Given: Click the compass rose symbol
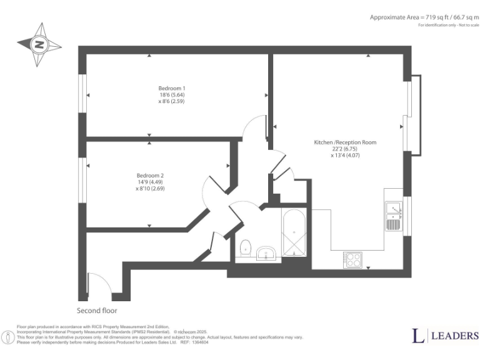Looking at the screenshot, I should pos(39,44).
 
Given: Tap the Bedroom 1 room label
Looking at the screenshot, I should pos(172,88).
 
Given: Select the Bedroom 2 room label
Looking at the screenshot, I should pos(150,175).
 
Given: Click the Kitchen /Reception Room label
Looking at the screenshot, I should pos(345,142).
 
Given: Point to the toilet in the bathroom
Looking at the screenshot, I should pos(246,248).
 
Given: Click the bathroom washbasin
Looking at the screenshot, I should pos(267,253).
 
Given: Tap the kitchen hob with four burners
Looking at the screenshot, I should pos(352,259).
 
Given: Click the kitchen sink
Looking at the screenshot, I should pos(394,216).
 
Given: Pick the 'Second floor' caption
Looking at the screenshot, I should pos(97,311).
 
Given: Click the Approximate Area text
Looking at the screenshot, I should pos(420,17).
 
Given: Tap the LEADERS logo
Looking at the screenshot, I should pos(446,336).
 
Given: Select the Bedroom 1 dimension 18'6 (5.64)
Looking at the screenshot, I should pos(172,94).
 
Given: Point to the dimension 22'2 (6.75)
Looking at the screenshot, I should pos(345,149).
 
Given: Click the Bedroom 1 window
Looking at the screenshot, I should pos(82,95).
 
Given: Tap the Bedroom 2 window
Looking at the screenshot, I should pos(82,180).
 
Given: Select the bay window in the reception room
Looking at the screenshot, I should pos(412,116).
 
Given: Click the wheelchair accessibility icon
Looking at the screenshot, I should pos(8,337).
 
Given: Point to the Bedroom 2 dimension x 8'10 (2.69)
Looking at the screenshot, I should pos(150,188).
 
